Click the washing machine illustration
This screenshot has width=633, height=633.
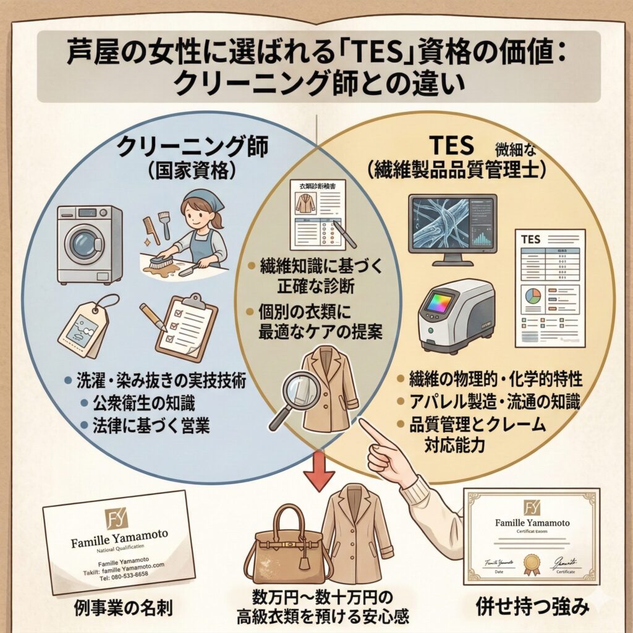point(89,244)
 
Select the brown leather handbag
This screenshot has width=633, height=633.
point(284,547)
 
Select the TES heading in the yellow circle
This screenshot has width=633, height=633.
point(451,145)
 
